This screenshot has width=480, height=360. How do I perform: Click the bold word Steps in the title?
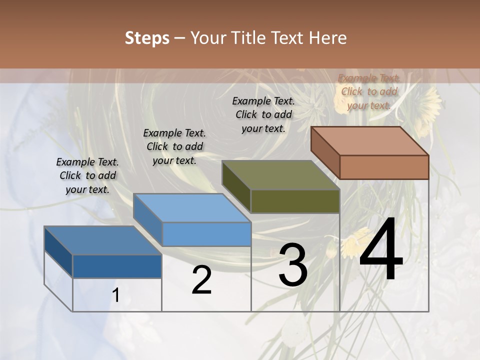click(147, 38)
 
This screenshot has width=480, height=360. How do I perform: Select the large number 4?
click(381, 251)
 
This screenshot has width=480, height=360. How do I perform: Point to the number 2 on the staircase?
click(201, 280)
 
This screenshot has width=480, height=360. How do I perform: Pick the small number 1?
click(116, 295)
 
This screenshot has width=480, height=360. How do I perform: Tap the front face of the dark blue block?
click(117, 266)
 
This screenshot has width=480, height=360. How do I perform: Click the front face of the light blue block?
click(206, 234)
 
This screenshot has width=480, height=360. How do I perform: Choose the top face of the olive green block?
click(280, 175)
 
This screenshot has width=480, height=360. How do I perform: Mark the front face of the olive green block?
click(295, 201)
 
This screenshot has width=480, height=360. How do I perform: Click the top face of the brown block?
click(369, 140)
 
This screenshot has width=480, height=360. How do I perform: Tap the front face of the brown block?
click(384, 167)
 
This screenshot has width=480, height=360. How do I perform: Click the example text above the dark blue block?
click(87, 175)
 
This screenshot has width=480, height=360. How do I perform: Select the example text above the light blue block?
click(174, 146)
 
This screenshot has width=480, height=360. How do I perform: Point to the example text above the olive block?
click(263, 114)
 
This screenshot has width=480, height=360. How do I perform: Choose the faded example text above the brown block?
click(369, 91)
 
